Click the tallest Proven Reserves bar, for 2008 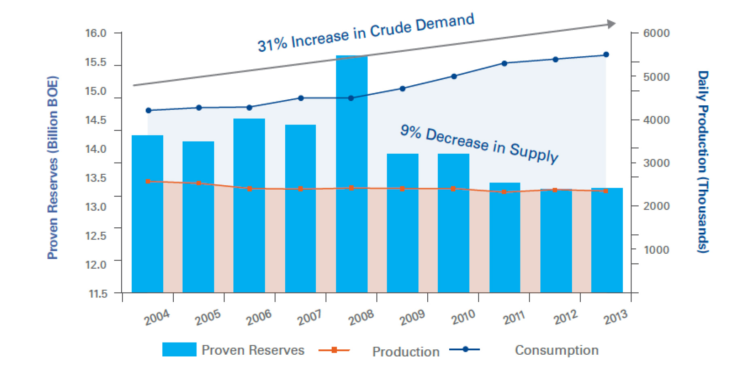point(352,174)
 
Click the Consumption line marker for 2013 point(606,55)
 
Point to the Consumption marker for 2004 point(148,110)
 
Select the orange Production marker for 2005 point(199,183)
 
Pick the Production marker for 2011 point(504,192)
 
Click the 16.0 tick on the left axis point(96,33)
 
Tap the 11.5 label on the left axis point(98,293)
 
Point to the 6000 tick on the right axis point(656,33)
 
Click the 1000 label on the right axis point(656,250)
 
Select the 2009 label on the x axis point(412,317)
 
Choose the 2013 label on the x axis point(616,317)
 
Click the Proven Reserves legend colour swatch point(179,349)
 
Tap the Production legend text point(406,351)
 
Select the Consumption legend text point(556,350)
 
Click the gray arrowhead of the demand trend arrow point(612,24)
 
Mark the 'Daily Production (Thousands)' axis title point(703,162)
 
